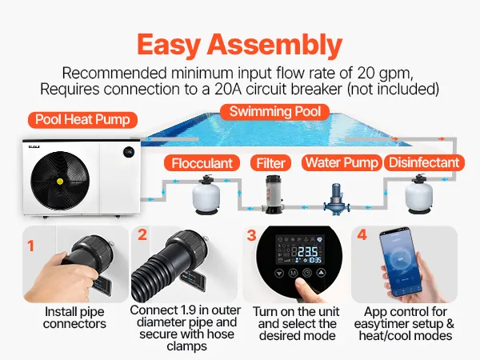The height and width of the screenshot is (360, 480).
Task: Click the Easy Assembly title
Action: (239, 46)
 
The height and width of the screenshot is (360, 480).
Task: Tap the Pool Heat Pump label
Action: (82, 120)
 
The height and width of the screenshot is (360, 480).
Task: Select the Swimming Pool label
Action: (275, 112)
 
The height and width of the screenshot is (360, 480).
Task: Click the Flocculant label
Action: (202, 163)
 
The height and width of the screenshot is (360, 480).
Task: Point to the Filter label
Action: (270, 163)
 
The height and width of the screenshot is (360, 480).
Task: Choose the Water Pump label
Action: (342, 162)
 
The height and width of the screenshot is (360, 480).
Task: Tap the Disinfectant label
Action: (424, 162)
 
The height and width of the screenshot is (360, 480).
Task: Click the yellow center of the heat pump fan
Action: (60, 182)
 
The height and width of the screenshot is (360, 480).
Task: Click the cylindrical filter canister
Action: (273, 194)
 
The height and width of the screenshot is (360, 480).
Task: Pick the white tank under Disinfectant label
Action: (419, 194)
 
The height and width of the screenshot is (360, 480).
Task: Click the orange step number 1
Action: (30, 246)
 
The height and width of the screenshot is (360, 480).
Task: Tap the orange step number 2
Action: (142, 234)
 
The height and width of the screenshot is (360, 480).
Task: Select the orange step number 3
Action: (252, 235)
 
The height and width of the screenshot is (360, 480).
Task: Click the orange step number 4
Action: (362, 234)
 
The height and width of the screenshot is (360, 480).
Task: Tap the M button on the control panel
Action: (293, 273)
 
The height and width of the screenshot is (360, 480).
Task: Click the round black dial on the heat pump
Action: (129, 152)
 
